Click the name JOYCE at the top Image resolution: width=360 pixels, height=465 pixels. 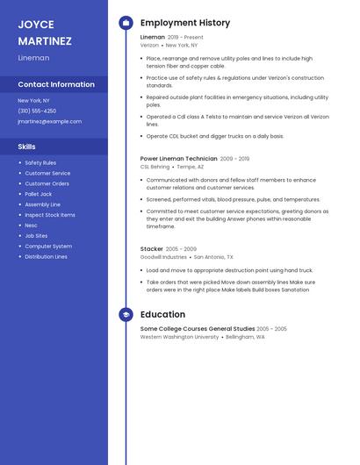pos(36,25)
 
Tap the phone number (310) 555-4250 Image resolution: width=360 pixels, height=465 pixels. pos(37,111)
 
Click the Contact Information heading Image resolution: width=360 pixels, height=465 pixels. pos(56,84)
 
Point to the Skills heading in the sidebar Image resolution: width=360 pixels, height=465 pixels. pos(27,147)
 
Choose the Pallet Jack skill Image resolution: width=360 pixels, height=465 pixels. pos(39,194)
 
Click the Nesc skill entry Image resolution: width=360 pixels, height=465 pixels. pos(31,225)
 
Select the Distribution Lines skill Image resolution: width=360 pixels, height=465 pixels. pos(46,257)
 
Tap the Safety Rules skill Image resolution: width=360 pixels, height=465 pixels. pos(40,162)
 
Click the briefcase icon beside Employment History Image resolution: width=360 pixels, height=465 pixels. pos(126,23)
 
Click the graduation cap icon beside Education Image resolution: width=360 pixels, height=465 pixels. pos(126,314)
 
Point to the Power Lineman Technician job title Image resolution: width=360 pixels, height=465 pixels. pos(178,159)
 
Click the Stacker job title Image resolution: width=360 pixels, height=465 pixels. pos(152,249)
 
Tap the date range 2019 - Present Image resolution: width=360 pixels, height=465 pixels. pos(185,38)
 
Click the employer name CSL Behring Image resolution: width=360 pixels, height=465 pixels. pos(155,167)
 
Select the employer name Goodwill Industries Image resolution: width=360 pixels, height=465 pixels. pos(163,257)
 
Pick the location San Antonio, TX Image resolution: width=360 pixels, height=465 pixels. pos(213,257)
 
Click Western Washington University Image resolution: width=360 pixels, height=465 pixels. pos(179,337)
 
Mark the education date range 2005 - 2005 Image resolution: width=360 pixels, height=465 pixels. pos(271,329)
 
